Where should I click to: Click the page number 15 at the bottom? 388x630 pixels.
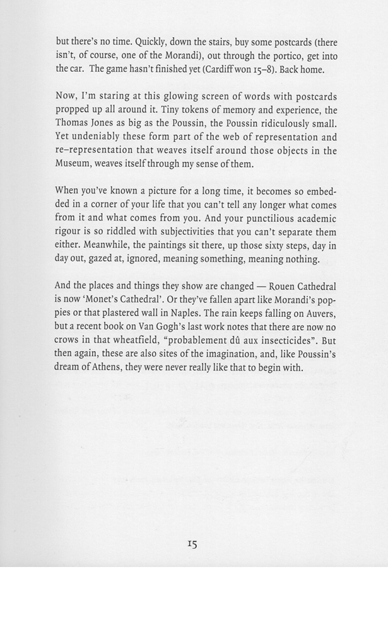[192, 544]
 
